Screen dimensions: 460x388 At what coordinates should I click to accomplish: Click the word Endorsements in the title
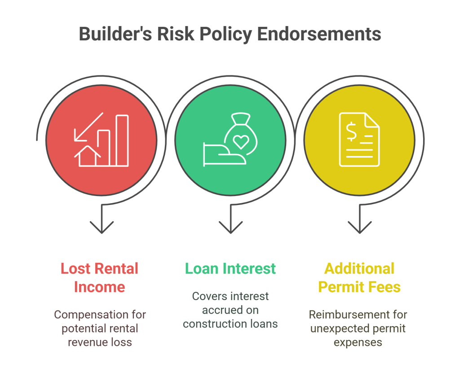click(319, 34)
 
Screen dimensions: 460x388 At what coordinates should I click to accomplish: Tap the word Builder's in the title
click(115, 34)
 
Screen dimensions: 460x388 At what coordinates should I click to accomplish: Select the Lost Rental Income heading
click(99, 278)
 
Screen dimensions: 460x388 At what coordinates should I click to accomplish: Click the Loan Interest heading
click(230, 269)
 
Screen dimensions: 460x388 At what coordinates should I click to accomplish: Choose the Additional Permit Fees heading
click(359, 278)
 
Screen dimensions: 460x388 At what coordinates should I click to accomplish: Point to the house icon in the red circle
click(88, 156)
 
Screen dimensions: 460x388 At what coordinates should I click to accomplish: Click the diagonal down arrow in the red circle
click(88, 127)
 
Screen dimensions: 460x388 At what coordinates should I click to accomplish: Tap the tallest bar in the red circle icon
click(122, 140)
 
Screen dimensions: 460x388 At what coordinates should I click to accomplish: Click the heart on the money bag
click(241, 142)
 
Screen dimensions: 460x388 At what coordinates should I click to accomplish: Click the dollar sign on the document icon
click(351, 132)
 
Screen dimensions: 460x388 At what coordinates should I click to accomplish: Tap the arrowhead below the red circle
click(102, 227)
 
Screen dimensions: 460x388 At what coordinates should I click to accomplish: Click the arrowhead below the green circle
click(230, 227)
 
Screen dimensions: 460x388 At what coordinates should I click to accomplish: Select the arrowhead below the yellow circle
click(360, 227)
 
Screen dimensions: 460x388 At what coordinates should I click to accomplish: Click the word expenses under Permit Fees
click(358, 343)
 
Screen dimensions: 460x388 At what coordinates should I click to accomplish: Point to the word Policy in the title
click(226, 34)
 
